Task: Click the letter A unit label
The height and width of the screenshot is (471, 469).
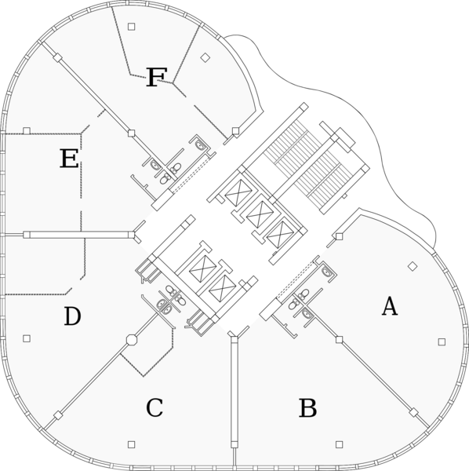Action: (x=390, y=306)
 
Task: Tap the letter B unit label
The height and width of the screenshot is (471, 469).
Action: (x=308, y=408)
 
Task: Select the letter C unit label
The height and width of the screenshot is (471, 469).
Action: (x=155, y=407)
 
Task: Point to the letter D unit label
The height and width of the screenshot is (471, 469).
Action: (x=72, y=316)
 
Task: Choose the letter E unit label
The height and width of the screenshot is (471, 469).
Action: (x=69, y=159)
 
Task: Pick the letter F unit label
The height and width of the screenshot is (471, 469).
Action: (x=156, y=78)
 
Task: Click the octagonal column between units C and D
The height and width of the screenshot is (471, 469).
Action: (x=132, y=340)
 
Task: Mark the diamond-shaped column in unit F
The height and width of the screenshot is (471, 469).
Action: (x=205, y=57)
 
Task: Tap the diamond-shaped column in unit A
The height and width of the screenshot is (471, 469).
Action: (x=413, y=266)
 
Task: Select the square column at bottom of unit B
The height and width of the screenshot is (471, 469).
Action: (x=340, y=444)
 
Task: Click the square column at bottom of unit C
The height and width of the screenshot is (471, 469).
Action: (x=132, y=444)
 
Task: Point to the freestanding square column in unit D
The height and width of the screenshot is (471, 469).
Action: (x=27, y=338)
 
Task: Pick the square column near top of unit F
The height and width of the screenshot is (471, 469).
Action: (x=132, y=27)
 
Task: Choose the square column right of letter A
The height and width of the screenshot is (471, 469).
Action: (x=442, y=341)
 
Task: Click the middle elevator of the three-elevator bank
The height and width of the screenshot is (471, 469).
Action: (x=260, y=214)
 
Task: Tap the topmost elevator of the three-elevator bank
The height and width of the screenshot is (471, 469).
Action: (x=238, y=193)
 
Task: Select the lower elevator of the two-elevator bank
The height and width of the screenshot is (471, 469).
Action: (x=222, y=288)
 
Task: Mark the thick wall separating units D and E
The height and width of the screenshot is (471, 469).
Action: (x=78, y=235)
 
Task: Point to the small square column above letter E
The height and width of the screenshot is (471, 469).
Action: (x=27, y=130)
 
